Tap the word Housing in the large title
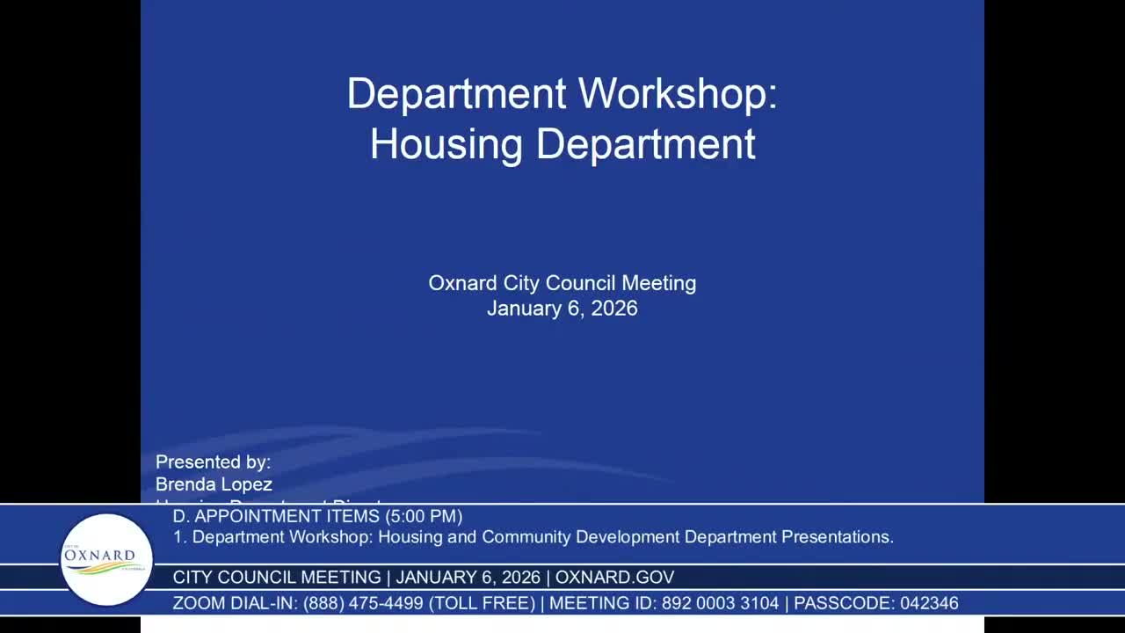446,144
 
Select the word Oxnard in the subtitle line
463,283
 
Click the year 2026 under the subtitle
614,309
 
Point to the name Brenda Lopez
214,484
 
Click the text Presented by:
213,462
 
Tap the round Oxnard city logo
106,559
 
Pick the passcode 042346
929,603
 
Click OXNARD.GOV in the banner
614,578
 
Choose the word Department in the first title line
456,94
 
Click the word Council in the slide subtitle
581,283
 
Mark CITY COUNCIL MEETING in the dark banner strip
277,578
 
